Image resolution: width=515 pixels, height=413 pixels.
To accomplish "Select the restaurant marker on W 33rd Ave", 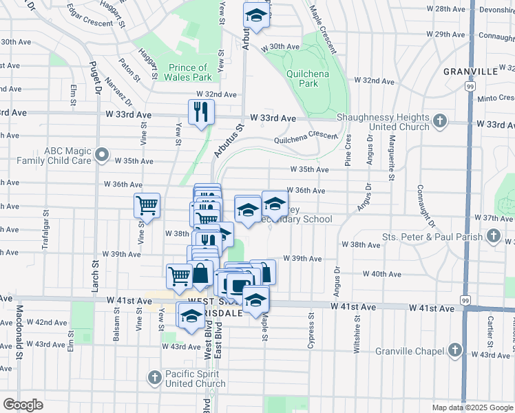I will point(201,112).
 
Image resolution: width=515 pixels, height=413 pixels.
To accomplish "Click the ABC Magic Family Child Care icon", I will point(102,155).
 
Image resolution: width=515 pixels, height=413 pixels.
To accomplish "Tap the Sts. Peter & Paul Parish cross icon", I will point(493,236).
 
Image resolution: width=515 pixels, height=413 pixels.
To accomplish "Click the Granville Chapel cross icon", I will point(454,350).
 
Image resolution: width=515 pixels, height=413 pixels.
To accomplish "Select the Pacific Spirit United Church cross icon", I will point(155,377).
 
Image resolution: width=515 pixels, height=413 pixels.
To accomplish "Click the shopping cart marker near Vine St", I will point(147,204).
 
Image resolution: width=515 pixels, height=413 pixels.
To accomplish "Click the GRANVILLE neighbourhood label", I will point(470,72).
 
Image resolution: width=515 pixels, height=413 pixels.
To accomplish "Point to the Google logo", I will point(23,405).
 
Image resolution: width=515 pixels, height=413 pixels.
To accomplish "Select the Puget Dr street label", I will point(95,76).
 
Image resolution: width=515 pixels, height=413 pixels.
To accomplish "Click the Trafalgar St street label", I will point(45,237).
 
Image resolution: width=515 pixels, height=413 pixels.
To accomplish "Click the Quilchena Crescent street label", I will point(303,136).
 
